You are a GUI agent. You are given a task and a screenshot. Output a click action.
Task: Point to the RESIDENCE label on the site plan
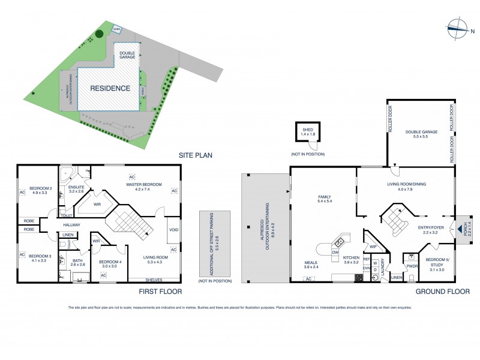[x=110, y=88]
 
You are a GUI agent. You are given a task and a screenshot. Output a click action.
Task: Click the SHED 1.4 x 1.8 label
[x=308, y=132]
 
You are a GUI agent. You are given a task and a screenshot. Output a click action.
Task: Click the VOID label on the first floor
[x=173, y=230]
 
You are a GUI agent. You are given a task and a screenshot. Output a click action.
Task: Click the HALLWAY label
[x=71, y=225]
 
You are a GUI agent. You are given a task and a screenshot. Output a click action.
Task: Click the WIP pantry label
[x=371, y=247]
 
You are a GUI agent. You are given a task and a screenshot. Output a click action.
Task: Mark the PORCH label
[x=461, y=229]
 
